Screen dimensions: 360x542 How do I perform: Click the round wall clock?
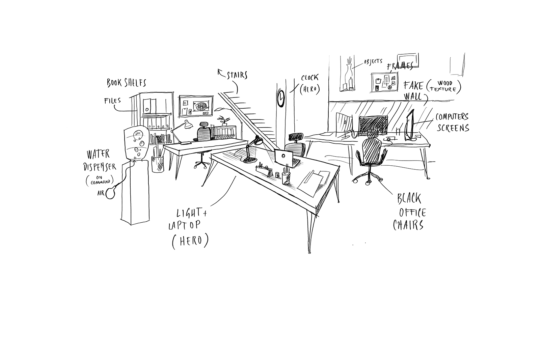pyautogui.click(x=281, y=98)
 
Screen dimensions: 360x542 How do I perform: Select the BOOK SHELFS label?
pyautogui.click(x=127, y=82)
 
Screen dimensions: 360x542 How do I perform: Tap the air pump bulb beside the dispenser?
pyautogui.click(x=111, y=193)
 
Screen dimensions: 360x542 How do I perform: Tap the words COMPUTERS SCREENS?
pyautogui.click(x=452, y=122)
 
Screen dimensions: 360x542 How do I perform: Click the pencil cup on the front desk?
pyautogui.click(x=286, y=178)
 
